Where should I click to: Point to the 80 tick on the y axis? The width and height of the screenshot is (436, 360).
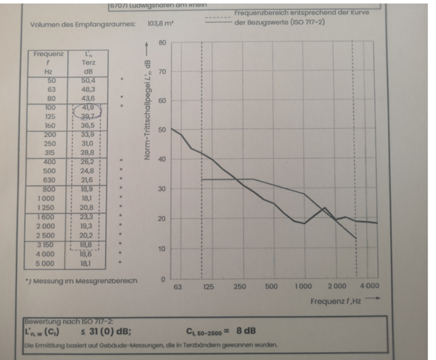[161, 44]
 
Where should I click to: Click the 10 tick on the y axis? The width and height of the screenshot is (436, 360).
[161, 249]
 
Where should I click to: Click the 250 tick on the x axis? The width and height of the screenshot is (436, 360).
[240, 287]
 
